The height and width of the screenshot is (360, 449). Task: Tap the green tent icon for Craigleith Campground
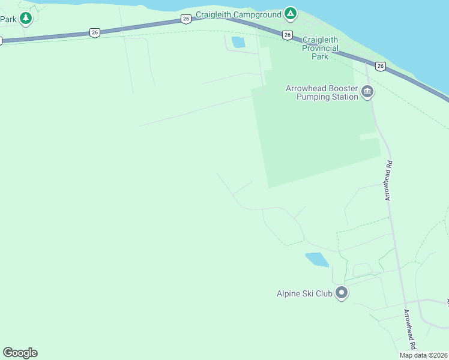click(291, 13)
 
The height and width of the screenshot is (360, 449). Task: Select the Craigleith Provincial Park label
click(320, 48)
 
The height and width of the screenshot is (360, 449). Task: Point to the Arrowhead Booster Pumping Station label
click(322, 92)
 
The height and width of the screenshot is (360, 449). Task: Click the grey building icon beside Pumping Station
click(367, 92)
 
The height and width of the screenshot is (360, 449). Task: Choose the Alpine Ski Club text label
click(304, 294)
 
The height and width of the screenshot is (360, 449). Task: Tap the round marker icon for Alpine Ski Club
click(342, 293)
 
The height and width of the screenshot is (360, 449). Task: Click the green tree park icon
click(25, 19)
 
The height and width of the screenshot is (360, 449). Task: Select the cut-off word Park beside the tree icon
click(8, 19)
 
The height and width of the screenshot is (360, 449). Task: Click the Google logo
click(20, 353)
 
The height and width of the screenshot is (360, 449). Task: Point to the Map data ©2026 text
click(423, 355)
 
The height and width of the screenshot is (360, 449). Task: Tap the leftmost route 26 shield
click(94, 33)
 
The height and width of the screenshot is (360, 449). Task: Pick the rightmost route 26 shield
click(381, 65)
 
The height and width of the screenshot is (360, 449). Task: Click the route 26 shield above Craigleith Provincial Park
click(288, 35)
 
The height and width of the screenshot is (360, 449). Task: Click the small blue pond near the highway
click(238, 42)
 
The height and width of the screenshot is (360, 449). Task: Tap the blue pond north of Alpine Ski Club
click(317, 260)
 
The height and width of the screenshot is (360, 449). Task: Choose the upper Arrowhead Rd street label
click(389, 180)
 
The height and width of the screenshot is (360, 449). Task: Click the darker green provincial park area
click(312, 132)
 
